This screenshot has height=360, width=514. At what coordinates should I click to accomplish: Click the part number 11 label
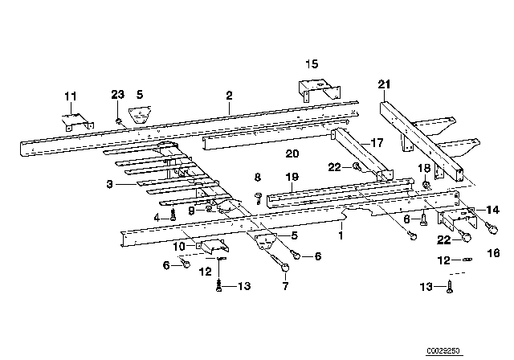pos(70,96)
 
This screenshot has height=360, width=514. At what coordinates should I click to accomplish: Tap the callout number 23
pos(117,96)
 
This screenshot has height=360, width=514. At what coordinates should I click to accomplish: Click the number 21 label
pos(384,84)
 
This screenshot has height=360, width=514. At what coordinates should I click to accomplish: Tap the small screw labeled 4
pos(173,215)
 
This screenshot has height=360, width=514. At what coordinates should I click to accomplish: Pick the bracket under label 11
pos(75,121)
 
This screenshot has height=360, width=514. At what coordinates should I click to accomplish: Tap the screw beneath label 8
pos(259,196)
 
